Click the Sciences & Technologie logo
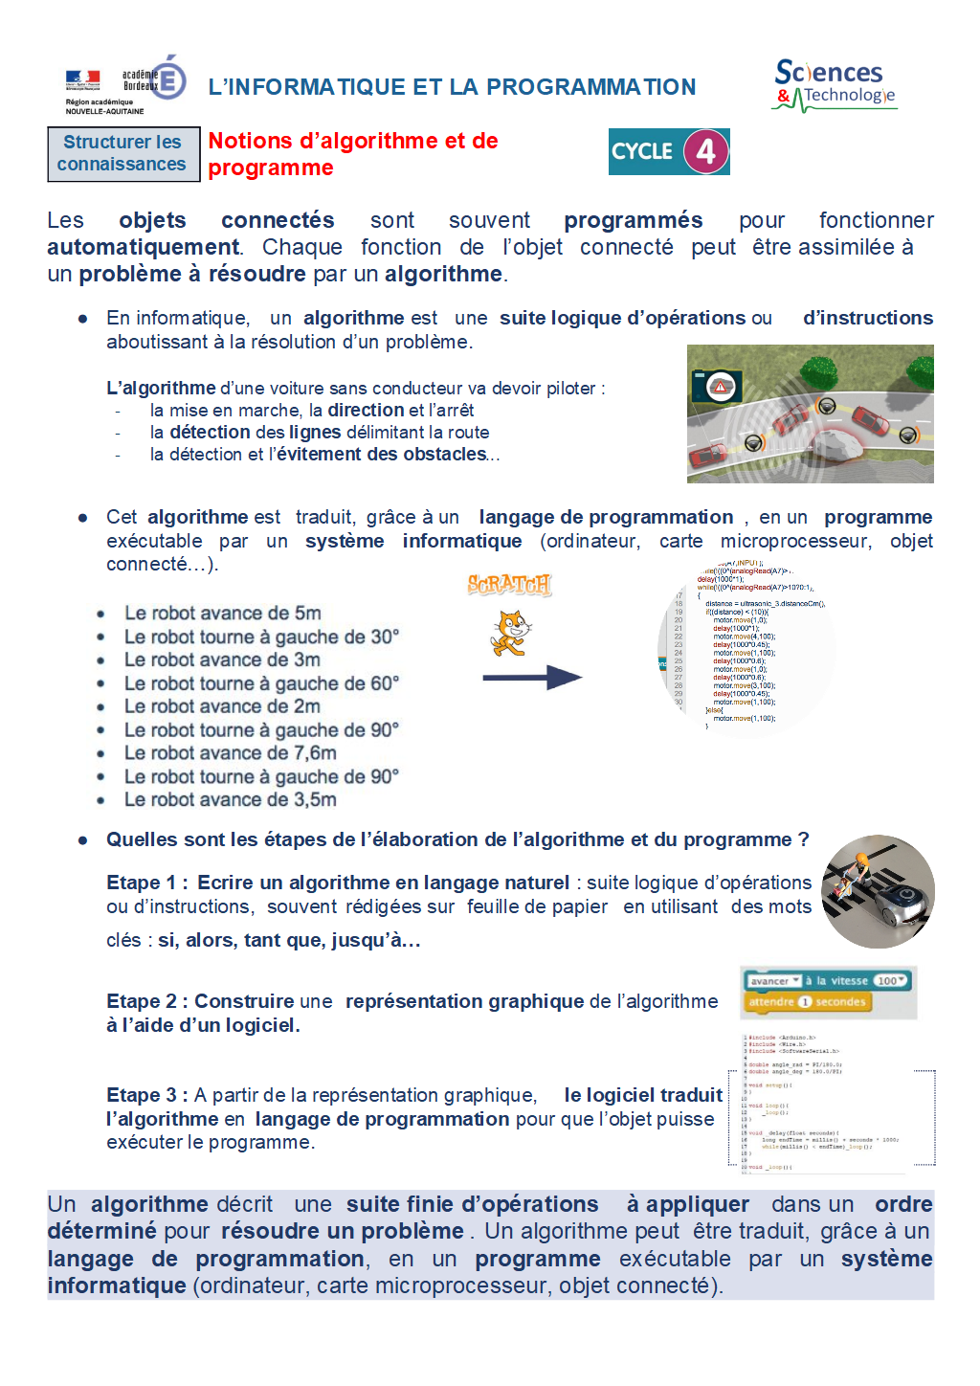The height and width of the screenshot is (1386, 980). pyautogui.click(x=835, y=85)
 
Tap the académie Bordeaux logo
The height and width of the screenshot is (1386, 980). pyautogui.click(x=124, y=85)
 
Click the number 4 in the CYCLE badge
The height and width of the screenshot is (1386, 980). pyautogui.click(x=705, y=151)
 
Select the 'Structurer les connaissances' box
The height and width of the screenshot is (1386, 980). pyautogui.click(x=123, y=153)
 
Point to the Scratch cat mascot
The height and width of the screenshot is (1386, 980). pyautogui.click(x=510, y=633)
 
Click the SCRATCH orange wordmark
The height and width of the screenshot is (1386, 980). pyautogui.click(x=509, y=584)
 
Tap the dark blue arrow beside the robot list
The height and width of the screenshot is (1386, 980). pyautogui.click(x=532, y=678)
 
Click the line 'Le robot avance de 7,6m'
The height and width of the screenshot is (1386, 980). pyautogui.click(x=230, y=753)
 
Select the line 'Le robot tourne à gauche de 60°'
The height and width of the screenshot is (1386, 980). pyautogui.click(x=260, y=683)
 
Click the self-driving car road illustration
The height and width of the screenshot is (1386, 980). pyautogui.click(x=810, y=414)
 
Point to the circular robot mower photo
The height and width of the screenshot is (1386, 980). pyautogui.click(x=878, y=891)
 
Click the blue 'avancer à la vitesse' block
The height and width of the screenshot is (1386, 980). pyautogui.click(x=828, y=980)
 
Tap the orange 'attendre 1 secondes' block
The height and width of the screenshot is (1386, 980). pyautogui.click(x=808, y=1002)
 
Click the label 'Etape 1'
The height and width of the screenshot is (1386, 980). pyautogui.click(x=141, y=883)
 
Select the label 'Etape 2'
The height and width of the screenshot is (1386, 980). pyautogui.click(x=141, y=1001)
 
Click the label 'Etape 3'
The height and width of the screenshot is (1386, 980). pyautogui.click(x=141, y=1095)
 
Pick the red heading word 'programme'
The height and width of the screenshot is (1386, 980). pyautogui.click(x=271, y=168)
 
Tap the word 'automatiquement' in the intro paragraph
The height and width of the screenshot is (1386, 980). pyautogui.click(x=144, y=247)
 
